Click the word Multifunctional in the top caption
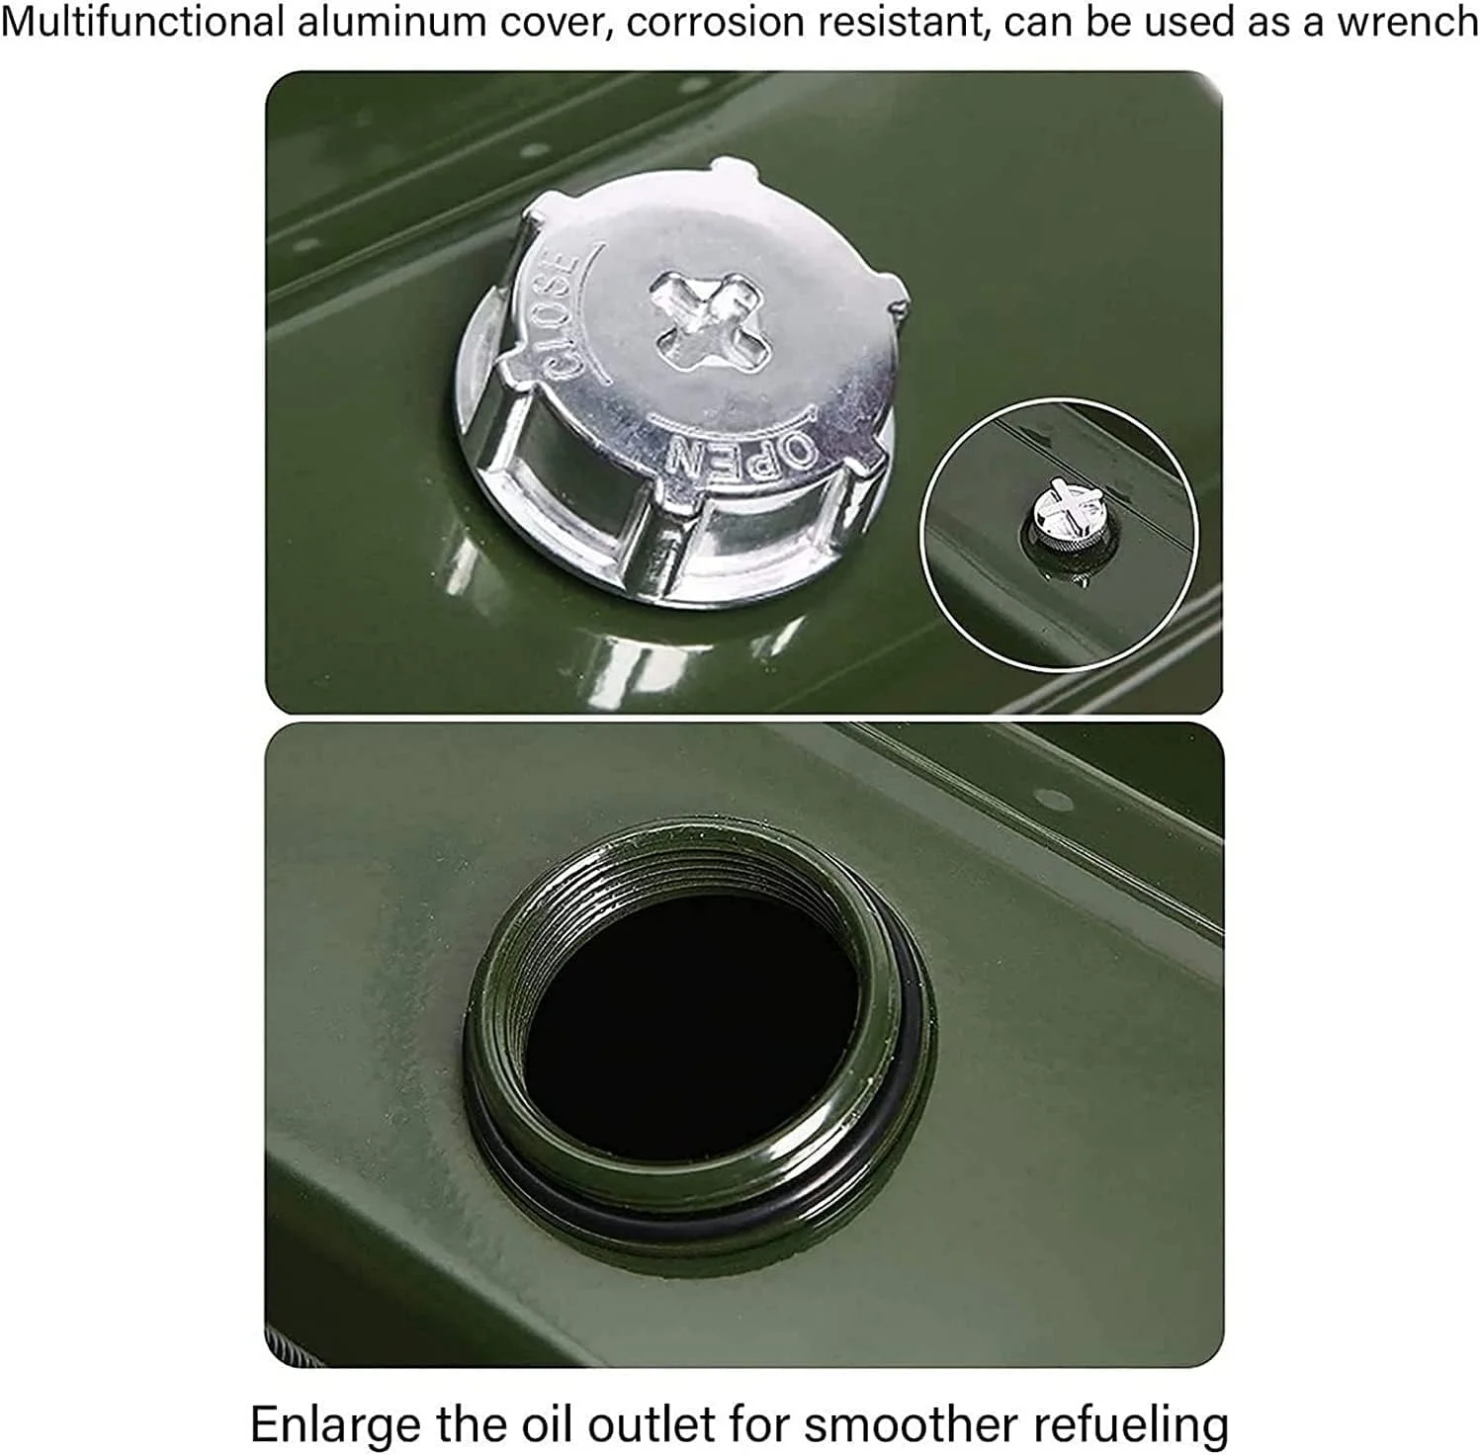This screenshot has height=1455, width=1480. [142, 22]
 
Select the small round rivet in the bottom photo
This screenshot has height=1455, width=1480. [1049, 798]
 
